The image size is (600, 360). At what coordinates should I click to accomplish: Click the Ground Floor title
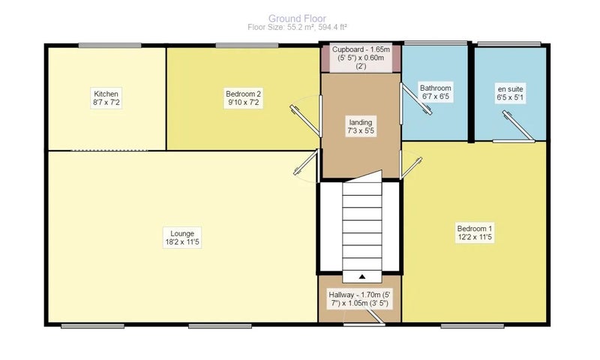click(x=297, y=18)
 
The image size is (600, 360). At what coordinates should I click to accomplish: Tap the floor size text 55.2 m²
click(x=301, y=27)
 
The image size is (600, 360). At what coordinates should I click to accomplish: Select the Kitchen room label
click(x=106, y=98)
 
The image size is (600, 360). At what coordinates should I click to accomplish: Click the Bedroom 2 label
click(x=243, y=98)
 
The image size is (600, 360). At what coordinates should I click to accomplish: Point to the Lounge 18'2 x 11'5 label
click(x=182, y=238)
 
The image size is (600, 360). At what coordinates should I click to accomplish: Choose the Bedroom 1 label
click(x=475, y=232)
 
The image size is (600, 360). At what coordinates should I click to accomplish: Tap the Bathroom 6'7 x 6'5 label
click(x=436, y=92)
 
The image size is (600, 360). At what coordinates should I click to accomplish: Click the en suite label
click(x=510, y=93)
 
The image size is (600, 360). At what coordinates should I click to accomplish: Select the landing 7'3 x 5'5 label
click(x=361, y=127)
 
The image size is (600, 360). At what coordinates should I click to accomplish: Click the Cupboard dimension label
click(x=361, y=58)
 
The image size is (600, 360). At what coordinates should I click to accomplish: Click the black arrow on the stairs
click(x=362, y=277)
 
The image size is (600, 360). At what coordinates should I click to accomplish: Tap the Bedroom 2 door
click(x=306, y=120)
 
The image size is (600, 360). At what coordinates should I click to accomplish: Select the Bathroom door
click(x=416, y=100)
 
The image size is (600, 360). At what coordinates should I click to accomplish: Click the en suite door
click(x=518, y=126)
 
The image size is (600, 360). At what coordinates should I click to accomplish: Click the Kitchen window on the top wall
click(x=109, y=46)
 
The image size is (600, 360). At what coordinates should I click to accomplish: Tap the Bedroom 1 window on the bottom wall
click(x=472, y=326)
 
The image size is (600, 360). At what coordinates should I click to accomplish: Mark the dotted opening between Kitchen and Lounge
click(x=109, y=150)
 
